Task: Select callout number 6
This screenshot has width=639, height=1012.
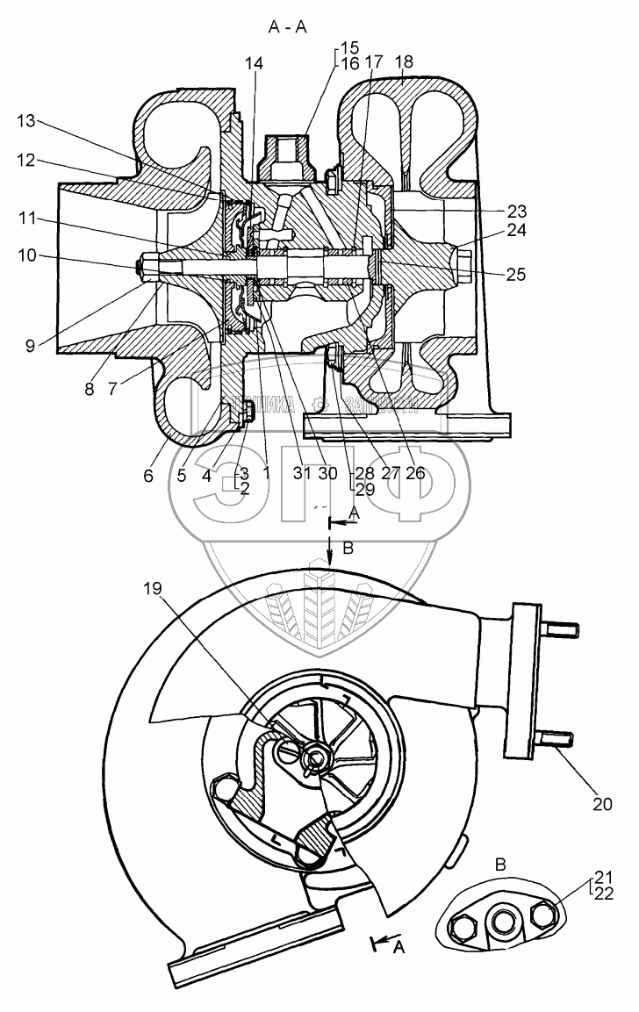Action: point(148,476)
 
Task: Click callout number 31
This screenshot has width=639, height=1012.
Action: point(302,472)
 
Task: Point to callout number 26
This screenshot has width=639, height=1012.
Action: point(414,472)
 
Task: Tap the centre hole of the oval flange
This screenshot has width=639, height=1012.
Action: point(501,923)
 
